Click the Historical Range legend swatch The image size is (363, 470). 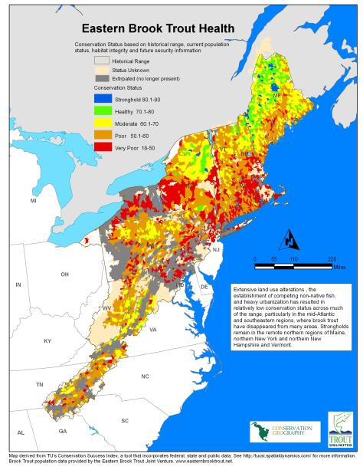(101, 58)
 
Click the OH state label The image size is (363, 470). (65, 274)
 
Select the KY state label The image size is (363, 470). (47, 340)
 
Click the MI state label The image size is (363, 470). (34, 201)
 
